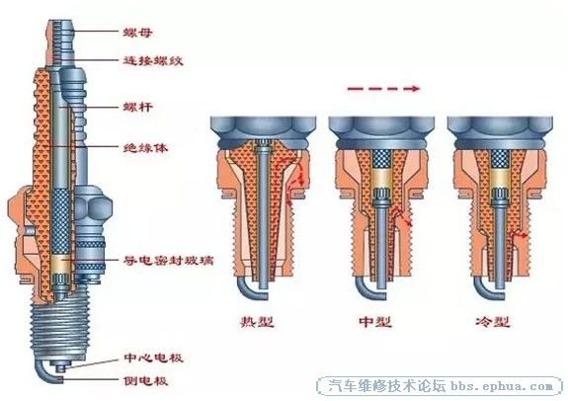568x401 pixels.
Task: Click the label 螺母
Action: click(x=137, y=33)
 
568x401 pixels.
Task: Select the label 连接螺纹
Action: click(x=153, y=60)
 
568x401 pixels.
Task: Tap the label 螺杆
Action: click(x=137, y=107)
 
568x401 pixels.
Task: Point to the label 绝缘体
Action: click(x=145, y=147)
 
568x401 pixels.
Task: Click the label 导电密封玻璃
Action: click(x=169, y=260)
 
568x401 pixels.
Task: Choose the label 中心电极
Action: click(x=153, y=358)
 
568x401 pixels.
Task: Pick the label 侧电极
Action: click(x=145, y=380)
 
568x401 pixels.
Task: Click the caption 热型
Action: click(x=257, y=321)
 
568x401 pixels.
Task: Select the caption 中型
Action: click(x=375, y=321)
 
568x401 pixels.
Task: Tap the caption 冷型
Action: click(x=493, y=321)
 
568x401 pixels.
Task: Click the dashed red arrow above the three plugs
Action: click(x=383, y=88)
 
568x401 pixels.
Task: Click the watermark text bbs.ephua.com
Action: click(x=502, y=386)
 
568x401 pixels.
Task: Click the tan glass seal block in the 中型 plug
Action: click(x=381, y=178)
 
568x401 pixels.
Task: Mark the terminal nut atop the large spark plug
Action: click(x=60, y=42)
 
